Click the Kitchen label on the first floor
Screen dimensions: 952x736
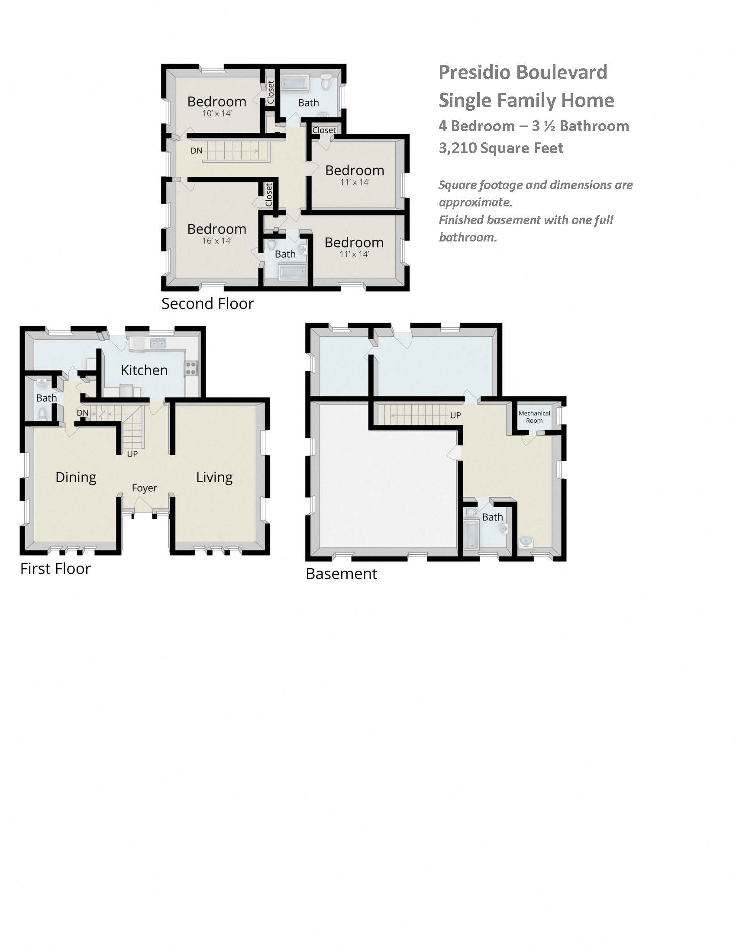coord(144,370)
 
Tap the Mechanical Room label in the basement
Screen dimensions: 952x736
coord(534,417)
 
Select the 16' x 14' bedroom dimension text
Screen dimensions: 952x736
coord(217,241)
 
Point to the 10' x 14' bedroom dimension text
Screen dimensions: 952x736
coord(217,113)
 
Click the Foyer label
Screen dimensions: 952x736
coord(144,488)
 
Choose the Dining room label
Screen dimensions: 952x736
coord(76,477)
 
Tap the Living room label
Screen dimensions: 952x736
coord(214,477)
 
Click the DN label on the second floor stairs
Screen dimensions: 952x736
coord(196,151)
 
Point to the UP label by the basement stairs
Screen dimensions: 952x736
coord(455,415)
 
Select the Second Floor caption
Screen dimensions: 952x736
coord(207,304)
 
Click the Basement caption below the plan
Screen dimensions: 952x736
coord(342,574)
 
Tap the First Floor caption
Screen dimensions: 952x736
coord(55,569)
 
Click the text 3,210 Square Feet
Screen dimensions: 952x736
coord(501,148)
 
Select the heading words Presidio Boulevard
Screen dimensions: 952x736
coord(523,72)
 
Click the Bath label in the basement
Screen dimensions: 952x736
coord(492,517)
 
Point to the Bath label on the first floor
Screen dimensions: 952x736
coord(46,398)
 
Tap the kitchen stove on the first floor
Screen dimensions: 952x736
coord(191,368)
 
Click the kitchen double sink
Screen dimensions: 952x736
coord(158,343)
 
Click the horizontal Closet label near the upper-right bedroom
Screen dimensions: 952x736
coord(324,130)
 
